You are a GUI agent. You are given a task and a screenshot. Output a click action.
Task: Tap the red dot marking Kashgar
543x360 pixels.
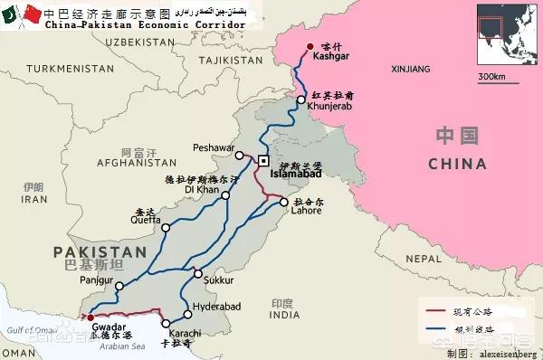(x=310, y=47)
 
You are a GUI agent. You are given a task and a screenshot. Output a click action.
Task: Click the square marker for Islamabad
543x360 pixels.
(x=263, y=160)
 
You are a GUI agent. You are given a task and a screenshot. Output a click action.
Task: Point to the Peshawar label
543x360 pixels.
(x=214, y=147)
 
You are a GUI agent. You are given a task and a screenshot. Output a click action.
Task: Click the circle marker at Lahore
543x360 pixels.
(x=284, y=202)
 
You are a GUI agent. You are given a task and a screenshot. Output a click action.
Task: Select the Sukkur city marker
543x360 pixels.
(x=198, y=273)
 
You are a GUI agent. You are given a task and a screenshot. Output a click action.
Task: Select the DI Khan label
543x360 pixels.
(x=201, y=191)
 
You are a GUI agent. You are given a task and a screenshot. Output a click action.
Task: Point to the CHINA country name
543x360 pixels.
(x=457, y=164)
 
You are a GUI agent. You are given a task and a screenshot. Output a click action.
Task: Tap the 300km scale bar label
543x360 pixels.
(x=492, y=75)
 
